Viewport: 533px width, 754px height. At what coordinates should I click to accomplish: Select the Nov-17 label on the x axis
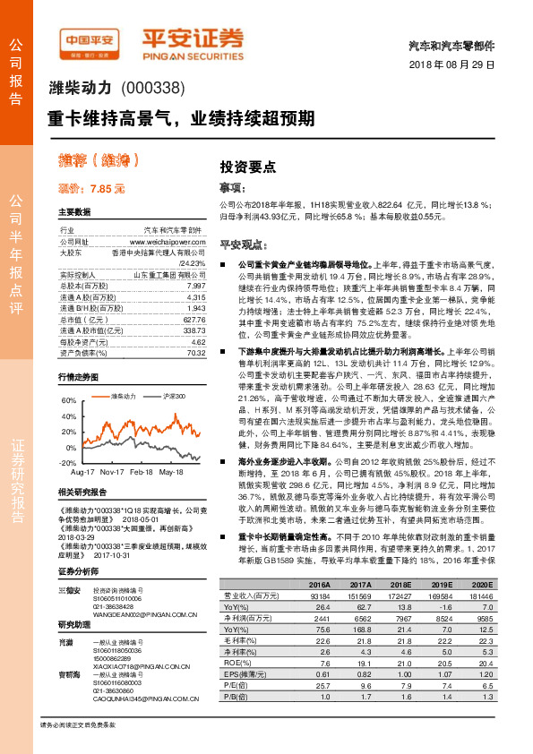111,470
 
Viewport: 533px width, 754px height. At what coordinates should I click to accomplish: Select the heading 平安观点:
245,244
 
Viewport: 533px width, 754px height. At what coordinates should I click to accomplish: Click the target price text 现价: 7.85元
91,190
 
